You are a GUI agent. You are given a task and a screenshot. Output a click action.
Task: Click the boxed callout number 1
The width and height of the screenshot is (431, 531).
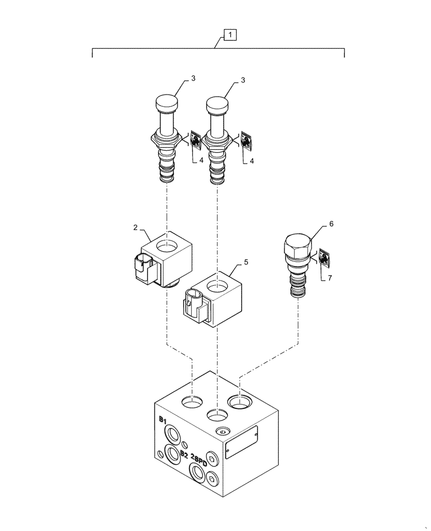click(230, 36)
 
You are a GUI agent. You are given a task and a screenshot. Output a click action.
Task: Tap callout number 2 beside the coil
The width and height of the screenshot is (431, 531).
click(136, 227)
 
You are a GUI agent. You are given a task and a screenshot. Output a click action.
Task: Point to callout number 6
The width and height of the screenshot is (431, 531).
click(331, 224)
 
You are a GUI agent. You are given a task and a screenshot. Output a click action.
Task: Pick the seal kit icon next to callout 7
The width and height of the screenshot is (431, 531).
click(324, 258)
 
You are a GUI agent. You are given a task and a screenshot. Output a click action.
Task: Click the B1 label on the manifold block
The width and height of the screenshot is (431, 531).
click(163, 420)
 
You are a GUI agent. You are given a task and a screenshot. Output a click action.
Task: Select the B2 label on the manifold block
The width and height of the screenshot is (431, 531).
click(184, 454)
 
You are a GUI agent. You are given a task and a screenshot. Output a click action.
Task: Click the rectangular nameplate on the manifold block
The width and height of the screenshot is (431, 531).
click(242, 442)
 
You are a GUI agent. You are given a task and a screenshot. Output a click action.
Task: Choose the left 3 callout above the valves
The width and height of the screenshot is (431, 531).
click(193, 79)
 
